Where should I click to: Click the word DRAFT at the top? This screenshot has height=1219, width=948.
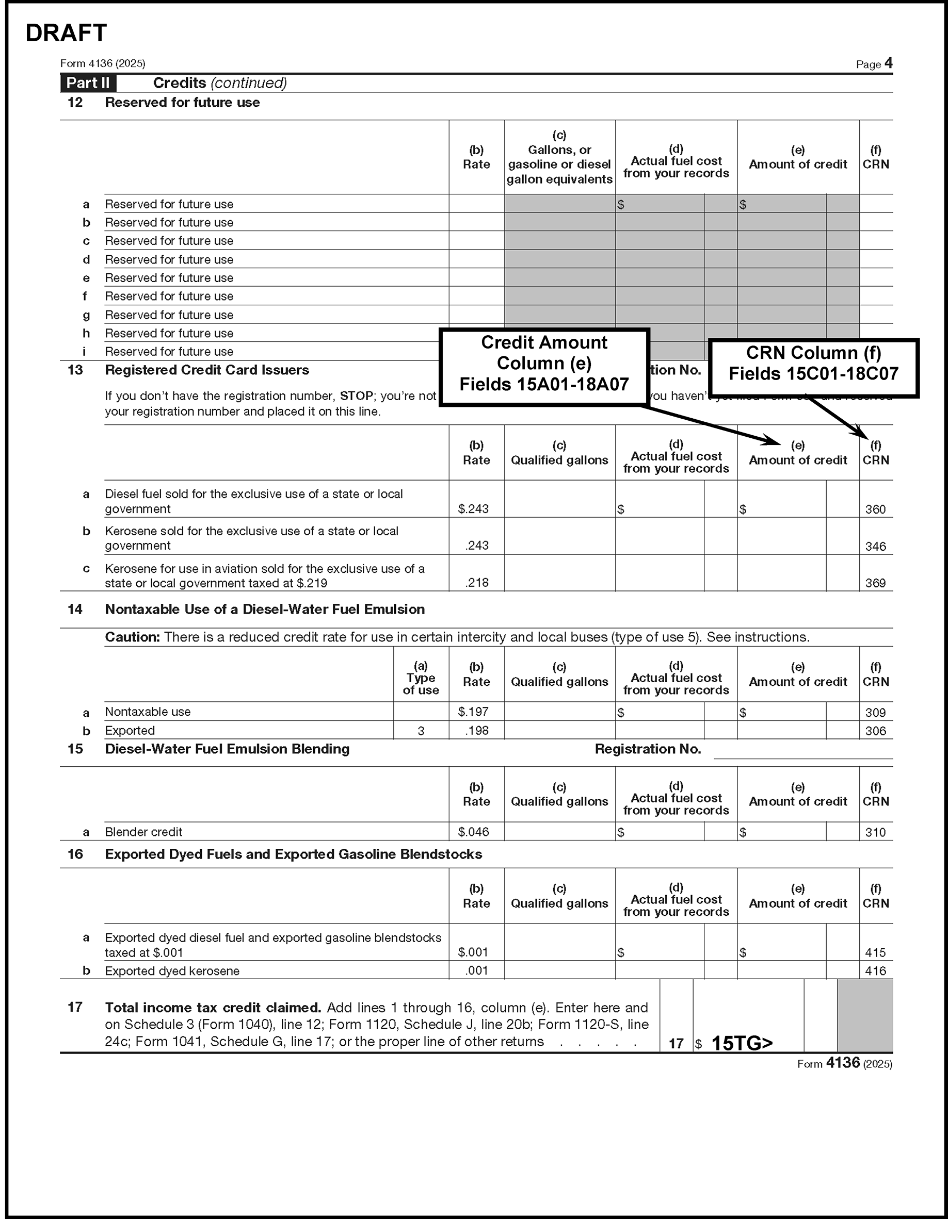[x=66, y=34]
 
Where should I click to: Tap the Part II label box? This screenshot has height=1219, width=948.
[x=88, y=83]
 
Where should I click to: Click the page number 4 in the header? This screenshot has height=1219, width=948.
[x=888, y=63]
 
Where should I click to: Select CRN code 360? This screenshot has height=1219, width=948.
[x=875, y=509]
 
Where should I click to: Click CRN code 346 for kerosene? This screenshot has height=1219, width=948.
[x=875, y=547]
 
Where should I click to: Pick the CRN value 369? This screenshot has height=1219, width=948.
[x=875, y=583]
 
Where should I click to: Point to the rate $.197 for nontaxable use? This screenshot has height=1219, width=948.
[x=473, y=712]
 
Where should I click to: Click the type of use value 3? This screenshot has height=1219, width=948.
[x=421, y=731]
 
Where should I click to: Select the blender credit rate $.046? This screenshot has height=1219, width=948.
[x=473, y=832]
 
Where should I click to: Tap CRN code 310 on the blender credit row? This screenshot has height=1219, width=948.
[x=875, y=832]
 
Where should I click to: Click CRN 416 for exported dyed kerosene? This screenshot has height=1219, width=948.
[x=875, y=970]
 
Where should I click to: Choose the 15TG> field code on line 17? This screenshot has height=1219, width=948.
[x=742, y=1043]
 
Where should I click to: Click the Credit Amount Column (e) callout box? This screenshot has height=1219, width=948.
[x=544, y=364]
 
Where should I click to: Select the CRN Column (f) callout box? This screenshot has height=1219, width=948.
[x=813, y=364]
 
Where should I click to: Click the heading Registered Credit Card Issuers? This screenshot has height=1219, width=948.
[x=207, y=370]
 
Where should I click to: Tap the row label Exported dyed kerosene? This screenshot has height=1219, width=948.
[x=172, y=971]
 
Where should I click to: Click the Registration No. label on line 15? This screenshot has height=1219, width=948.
[x=648, y=749]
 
